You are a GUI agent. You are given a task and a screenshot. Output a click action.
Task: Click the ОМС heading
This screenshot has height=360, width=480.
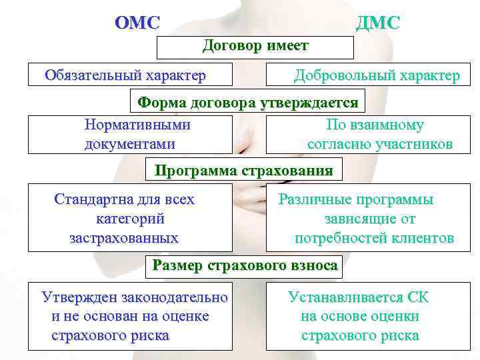(137, 23)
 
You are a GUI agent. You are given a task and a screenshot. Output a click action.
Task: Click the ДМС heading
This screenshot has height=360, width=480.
(378, 23)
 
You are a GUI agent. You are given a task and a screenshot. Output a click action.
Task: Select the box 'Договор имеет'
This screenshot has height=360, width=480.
(255, 47)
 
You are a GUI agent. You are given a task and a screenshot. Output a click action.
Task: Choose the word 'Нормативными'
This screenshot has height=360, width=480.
(137, 125)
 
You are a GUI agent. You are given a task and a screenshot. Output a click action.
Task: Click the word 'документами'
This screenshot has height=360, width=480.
(130, 144)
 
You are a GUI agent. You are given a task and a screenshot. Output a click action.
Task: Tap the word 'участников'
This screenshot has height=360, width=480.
(417, 144)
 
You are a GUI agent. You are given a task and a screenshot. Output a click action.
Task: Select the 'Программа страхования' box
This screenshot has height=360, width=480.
(243, 170)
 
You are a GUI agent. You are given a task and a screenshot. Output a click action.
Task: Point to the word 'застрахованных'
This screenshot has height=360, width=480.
(124, 238)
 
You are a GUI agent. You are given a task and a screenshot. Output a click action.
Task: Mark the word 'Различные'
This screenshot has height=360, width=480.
(314, 199)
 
